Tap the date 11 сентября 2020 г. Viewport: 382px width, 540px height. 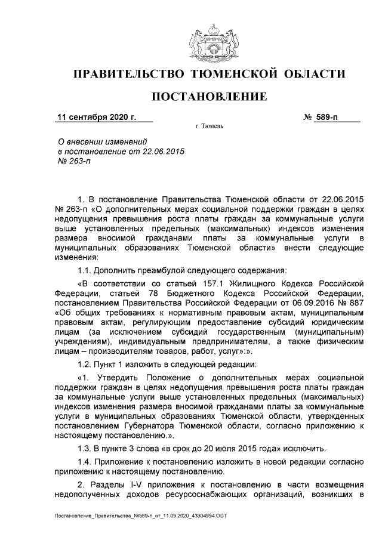(96, 117)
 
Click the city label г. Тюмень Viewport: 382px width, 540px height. (209, 127)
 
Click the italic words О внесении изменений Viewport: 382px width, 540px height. (101, 141)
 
